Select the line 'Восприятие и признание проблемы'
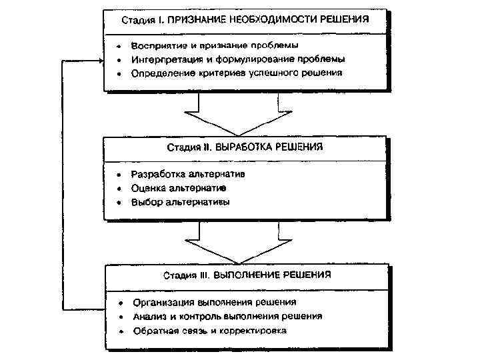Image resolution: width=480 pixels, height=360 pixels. tap(215, 45)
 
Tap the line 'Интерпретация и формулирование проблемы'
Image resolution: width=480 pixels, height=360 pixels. tap(238, 59)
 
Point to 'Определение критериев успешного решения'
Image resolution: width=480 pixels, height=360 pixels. tap(237, 72)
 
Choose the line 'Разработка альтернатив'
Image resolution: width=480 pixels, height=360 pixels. tap(189, 174)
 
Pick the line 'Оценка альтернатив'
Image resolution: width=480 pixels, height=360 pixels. tap(178, 188)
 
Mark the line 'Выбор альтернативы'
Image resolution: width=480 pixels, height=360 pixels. tap(180, 202)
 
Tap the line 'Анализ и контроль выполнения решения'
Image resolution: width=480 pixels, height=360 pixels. tap(227, 315)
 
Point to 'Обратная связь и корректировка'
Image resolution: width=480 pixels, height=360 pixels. tap(209, 330)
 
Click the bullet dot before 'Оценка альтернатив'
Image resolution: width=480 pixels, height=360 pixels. tap(117, 189)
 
